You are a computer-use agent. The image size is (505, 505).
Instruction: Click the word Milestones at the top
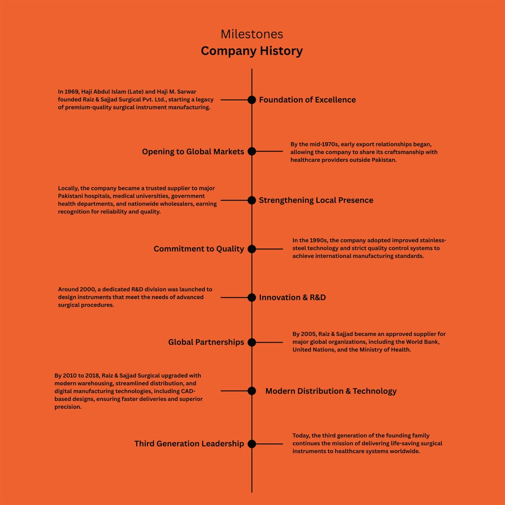(x=252, y=34)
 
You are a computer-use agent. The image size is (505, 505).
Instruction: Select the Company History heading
(x=252, y=51)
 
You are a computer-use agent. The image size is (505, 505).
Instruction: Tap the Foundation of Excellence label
(x=307, y=100)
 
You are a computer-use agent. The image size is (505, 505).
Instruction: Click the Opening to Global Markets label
(x=193, y=151)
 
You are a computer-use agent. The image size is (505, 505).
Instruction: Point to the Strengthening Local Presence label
(x=316, y=200)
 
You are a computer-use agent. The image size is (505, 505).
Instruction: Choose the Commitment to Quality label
(x=199, y=249)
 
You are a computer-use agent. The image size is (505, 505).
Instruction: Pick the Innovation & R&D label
(x=292, y=297)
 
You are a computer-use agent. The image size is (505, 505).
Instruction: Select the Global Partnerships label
(x=206, y=342)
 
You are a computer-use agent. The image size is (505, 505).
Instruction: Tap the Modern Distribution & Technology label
(x=330, y=391)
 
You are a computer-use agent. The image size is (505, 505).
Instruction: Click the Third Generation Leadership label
(x=189, y=443)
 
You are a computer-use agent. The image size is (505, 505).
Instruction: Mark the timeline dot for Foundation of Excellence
(x=252, y=100)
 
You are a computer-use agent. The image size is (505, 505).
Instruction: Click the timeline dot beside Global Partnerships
(x=252, y=342)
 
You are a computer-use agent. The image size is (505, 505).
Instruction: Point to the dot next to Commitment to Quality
(x=252, y=249)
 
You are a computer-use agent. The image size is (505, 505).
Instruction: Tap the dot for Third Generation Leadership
(x=252, y=443)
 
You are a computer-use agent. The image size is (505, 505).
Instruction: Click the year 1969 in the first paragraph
(x=72, y=92)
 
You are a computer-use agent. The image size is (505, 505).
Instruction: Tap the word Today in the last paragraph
(x=301, y=435)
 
